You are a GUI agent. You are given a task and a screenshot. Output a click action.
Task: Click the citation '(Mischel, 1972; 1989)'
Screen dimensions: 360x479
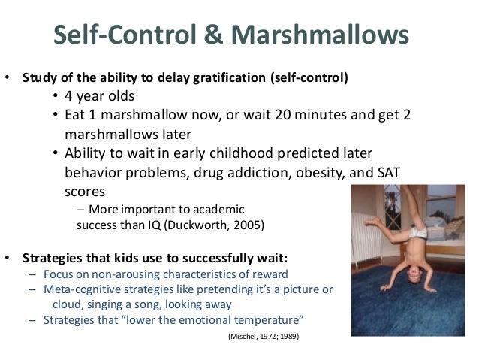263,337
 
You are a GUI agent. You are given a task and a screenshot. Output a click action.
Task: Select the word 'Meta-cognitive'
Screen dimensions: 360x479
77,289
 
